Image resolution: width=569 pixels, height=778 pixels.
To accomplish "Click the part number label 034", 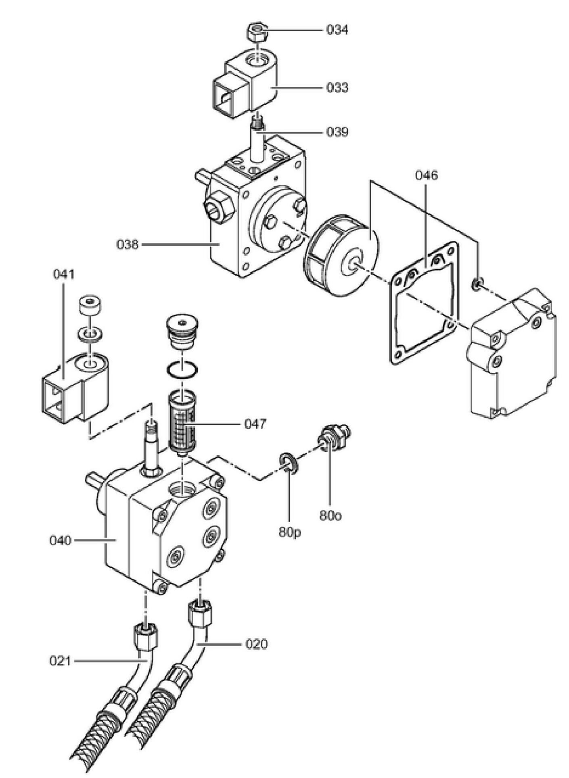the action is point(337,30).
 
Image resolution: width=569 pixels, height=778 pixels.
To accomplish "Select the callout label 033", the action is point(337,88).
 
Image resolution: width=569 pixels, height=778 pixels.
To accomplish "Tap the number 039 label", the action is point(337,132).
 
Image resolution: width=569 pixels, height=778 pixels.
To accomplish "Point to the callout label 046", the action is point(426,175).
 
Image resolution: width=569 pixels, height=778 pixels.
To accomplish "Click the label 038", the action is point(128,244).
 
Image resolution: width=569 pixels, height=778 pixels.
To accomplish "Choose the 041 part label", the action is point(64,274).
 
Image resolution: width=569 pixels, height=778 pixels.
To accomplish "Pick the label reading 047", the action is point(255,424).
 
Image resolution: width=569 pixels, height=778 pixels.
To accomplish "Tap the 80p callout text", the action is point(290,532).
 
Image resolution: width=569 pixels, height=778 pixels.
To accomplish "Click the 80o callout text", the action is point(330,515).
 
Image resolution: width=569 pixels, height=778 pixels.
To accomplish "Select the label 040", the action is point(60,540).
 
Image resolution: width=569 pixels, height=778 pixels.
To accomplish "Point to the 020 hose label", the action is point(256,644).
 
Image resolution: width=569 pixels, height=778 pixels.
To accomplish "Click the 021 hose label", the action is point(60,661).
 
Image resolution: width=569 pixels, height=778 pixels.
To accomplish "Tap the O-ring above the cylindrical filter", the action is point(182,370).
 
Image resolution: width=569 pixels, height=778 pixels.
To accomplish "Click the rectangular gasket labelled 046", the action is point(425,302).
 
